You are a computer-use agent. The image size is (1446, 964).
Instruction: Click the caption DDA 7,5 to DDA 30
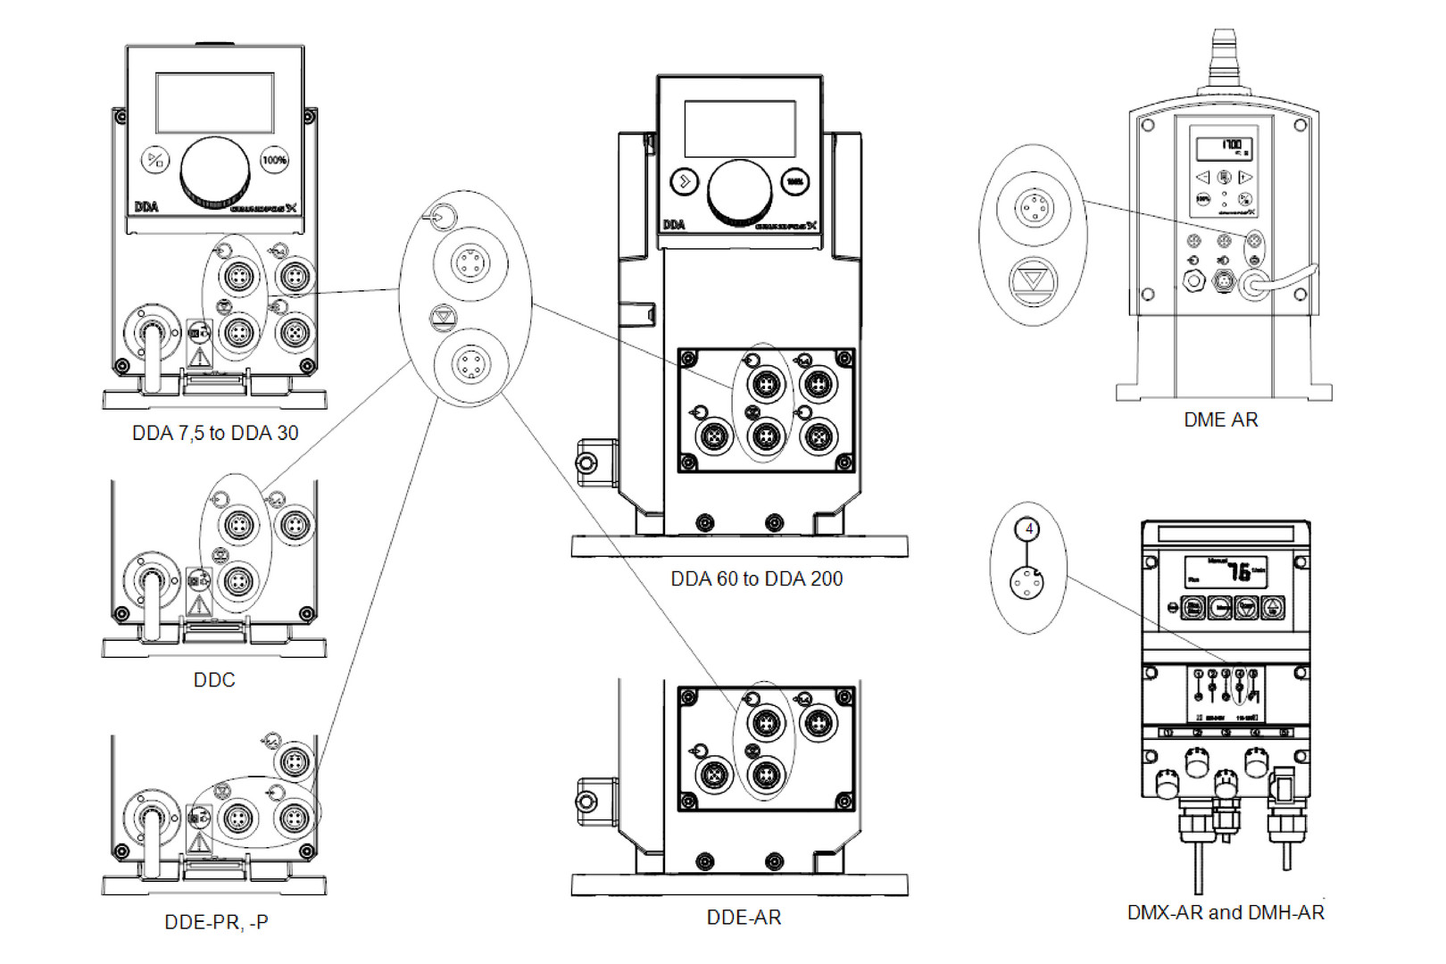(x=215, y=433)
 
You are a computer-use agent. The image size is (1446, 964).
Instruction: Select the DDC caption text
(x=214, y=680)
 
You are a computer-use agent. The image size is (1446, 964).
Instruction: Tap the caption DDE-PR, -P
(x=216, y=922)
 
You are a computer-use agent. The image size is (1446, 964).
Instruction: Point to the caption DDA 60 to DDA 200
(x=756, y=579)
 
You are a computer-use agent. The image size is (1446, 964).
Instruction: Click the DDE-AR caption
(x=744, y=918)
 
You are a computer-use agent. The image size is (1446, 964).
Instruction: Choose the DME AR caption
(x=1220, y=420)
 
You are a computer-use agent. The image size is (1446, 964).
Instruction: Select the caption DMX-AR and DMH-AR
(x=1226, y=912)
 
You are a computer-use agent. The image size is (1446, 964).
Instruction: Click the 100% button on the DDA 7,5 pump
(x=274, y=161)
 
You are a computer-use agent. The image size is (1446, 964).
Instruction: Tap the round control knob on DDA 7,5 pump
(x=215, y=170)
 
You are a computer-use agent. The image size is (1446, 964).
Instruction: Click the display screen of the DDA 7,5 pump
(x=215, y=103)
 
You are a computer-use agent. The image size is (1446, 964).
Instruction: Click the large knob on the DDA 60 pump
(x=739, y=191)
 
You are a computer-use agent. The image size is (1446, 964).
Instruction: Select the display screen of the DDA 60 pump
(x=739, y=129)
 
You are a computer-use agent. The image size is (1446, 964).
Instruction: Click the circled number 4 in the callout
(x=1028, y=529)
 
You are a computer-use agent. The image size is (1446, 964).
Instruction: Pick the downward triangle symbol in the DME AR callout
(x=1033, y=280)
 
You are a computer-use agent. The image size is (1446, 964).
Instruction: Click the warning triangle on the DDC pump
(x=199, y=605)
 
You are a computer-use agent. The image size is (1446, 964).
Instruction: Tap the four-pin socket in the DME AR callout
(x=1034, y=209)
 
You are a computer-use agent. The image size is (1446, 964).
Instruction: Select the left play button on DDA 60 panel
(x=685, y=182)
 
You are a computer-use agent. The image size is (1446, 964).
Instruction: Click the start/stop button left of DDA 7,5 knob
(x=155, y=161)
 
